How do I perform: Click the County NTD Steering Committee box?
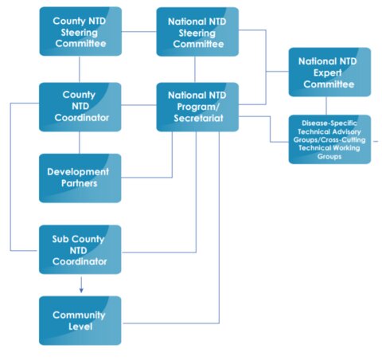tap(80, 32)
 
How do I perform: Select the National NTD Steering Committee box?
tap(197, 32)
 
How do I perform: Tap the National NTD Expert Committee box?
tap(329, 71)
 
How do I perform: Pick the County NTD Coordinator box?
tap(80, 107)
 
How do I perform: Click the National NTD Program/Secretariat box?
tap(197, 107)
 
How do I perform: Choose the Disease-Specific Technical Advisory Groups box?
tap(329, 139)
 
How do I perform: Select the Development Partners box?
tap(80, 178)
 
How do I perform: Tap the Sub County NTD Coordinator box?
tap(80, 249)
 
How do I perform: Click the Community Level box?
tap(80, 320)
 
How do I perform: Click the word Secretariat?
tap(197, 119)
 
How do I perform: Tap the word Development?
tap(78, 171)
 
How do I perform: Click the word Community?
tap(79, 315)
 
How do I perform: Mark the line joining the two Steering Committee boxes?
tap(138, 32)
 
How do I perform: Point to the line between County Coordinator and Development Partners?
tap(80, 143)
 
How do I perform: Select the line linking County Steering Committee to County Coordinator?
tap(80, 69)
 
